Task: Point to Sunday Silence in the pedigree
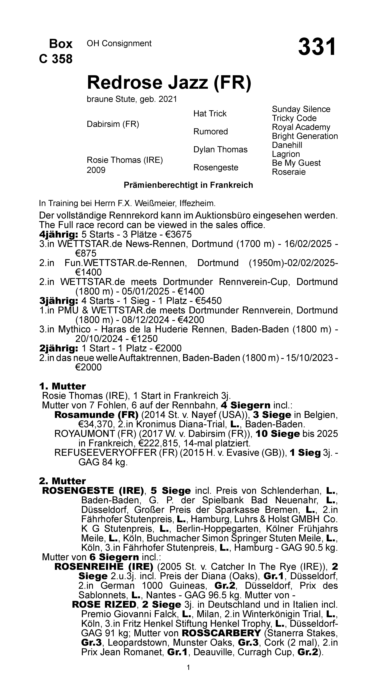click(301, 109)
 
